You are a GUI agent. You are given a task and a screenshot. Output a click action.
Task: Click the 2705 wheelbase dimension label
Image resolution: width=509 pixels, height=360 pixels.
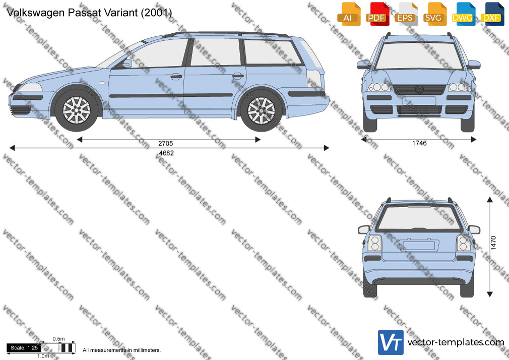[166, 143]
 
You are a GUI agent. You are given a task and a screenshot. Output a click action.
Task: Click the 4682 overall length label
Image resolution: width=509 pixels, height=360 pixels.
[166, 153]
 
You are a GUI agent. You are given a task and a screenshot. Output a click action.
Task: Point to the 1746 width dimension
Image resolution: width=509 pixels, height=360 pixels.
[419, 143]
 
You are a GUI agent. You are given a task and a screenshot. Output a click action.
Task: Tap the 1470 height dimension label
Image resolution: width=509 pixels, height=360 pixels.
[493, 243]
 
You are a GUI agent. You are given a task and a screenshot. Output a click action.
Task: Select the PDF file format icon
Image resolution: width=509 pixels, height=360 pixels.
[377, 14]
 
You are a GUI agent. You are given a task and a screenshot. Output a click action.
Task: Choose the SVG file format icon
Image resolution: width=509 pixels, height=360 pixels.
[434, 14]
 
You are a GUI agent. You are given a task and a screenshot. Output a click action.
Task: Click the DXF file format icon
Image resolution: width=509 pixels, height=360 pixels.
[492, 14]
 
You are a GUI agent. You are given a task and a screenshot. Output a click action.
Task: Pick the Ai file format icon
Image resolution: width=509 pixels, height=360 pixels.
[349, 14]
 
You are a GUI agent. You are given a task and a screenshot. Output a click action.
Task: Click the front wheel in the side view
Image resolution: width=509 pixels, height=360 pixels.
[76, 110]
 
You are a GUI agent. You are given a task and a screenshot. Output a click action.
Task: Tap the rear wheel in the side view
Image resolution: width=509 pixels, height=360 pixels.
[262, 110]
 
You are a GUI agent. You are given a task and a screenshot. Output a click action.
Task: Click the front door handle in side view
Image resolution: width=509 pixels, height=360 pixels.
[176, 77]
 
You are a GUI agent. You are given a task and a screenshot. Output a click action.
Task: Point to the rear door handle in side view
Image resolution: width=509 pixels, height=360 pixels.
[238, 76]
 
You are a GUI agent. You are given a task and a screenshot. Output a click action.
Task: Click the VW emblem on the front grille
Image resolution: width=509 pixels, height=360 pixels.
[419, 89]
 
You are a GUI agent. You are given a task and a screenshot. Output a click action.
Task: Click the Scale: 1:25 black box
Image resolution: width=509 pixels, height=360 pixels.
[24, 348]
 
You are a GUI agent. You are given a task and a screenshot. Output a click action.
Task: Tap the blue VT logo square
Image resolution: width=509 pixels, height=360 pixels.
[391, 342]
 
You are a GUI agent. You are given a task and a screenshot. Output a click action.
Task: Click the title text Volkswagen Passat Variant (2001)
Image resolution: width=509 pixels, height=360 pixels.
[89, 12]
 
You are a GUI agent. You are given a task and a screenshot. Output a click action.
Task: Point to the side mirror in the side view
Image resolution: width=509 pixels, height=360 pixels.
[127, 63]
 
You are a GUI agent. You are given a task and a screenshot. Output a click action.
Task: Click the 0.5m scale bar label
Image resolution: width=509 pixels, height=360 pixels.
[58, 339]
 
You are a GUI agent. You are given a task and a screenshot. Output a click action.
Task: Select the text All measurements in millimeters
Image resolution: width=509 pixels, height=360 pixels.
[121, 350]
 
